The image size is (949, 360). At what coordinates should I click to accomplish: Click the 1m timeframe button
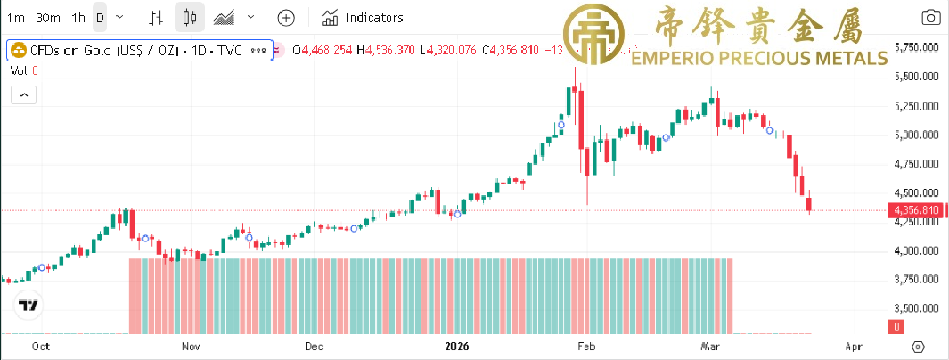point(15,17)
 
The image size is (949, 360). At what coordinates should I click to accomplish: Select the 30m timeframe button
point(49,17)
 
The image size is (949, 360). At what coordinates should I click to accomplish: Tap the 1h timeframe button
point(79,17)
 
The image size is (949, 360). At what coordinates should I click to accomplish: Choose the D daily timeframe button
point(100,17)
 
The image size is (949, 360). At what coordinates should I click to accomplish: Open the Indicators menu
point(363,17)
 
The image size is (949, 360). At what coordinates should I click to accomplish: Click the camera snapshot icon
point(930,17)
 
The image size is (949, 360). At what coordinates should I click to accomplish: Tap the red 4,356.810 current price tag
point(914,210)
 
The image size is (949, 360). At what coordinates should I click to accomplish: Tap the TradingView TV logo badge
point(29,305)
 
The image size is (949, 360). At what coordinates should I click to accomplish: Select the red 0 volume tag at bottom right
point(897,327)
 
